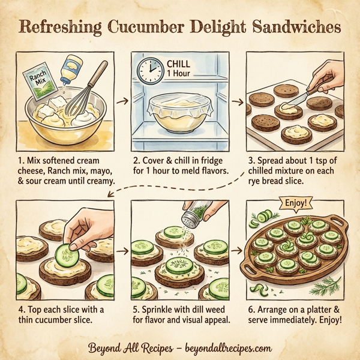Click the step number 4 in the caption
click(20, 309)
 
